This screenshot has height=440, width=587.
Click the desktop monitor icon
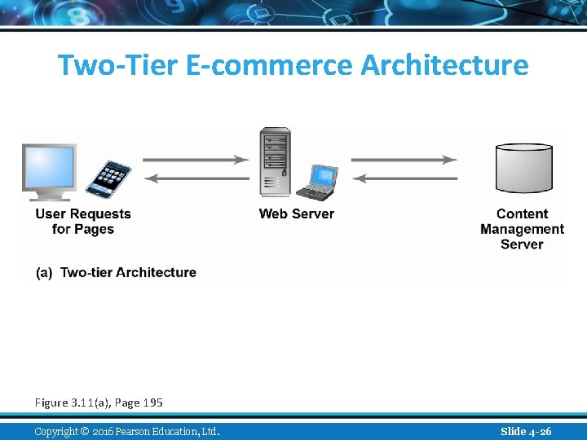(49, 170)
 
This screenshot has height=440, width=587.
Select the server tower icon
(275, 161)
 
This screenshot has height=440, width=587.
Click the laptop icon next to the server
(316, 182)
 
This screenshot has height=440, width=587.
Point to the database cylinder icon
(524, 168)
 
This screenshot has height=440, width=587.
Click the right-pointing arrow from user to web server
(196, 160)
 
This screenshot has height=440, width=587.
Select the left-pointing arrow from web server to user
(196, 178)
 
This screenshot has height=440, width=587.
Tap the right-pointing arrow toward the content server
(404, 160)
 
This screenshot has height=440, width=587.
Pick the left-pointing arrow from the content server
(404, 178)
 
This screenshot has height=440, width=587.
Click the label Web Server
(297, 214)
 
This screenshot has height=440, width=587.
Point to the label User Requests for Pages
(83, 222)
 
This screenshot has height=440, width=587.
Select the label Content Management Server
(522, 229)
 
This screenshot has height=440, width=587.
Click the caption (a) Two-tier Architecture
(117, 272)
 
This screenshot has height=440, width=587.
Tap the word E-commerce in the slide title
(270, 65)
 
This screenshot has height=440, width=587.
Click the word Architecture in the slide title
(444, 65)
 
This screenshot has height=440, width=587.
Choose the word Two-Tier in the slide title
(118, 65)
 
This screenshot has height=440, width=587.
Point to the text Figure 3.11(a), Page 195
(99, 403)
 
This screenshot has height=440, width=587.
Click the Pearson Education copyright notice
(127, 431)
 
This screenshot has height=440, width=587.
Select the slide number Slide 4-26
(526, 431)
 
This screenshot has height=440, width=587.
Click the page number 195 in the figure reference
(152, 403)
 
